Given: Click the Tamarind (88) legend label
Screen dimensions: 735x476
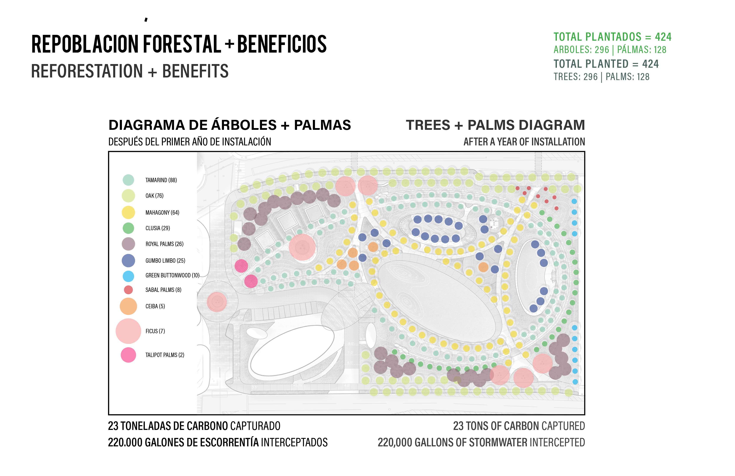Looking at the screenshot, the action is coord(161,180).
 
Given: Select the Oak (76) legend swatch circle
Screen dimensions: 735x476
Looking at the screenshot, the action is coord(128,196).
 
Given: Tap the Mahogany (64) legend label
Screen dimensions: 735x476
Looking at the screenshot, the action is coord(162,213).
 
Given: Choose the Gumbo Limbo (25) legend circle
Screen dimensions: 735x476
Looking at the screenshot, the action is coord(128,261).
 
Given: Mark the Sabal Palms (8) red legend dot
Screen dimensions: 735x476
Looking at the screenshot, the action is coord(128,290).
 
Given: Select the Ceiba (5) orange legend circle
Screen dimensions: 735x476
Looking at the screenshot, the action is coord(128,306).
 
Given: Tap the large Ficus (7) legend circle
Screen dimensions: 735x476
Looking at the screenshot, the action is coord(128,331).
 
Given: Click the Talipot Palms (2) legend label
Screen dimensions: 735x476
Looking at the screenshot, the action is coord(165,355).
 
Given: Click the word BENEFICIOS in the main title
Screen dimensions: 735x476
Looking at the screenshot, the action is coord(282,44).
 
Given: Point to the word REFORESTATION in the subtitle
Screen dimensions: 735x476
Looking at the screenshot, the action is coord(87,71).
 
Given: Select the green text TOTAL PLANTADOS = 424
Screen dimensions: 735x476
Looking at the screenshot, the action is coord(612,37).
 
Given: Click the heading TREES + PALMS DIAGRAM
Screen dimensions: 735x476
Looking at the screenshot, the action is coord(495,125).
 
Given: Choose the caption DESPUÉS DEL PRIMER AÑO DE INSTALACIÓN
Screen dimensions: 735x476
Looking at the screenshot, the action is coord(190,142).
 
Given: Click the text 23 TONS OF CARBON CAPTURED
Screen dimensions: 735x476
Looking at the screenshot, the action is coord(519,426).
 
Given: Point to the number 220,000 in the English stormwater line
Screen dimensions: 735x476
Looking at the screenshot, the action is coord(394,443).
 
